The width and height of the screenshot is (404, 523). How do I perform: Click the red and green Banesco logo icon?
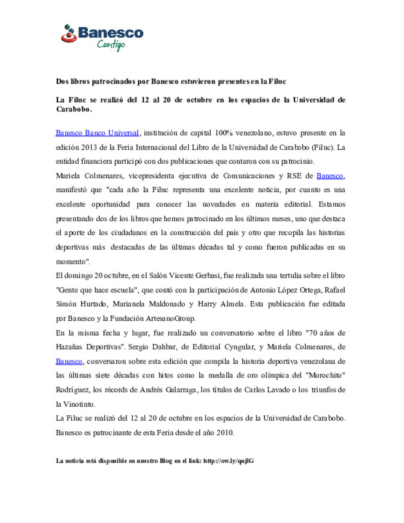(68, 34)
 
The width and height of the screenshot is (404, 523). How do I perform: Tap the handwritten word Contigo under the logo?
(111, 45)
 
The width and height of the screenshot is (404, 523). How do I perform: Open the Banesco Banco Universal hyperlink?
(97, 133)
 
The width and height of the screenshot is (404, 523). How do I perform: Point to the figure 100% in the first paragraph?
(223, 133)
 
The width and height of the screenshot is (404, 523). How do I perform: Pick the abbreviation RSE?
(294, 176)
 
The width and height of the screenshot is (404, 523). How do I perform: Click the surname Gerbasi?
(207, 276)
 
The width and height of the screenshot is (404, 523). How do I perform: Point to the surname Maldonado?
(167, 304)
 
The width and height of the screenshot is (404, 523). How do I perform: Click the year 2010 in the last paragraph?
(225, 433)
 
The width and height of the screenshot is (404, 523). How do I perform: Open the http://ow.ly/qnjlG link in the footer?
(229, 461)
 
